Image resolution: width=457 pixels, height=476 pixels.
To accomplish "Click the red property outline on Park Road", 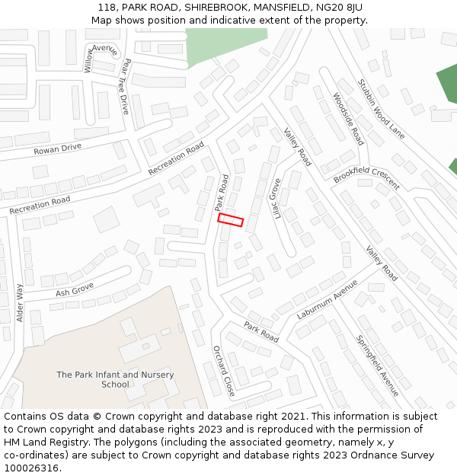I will coord(230,220).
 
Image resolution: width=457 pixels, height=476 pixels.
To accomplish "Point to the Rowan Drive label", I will coord(57,149).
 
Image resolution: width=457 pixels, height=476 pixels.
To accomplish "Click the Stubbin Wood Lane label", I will coord(382,109).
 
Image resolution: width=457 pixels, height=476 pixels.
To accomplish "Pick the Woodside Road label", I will coord(348,119).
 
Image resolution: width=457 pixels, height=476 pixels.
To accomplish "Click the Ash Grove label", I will coord(75,289).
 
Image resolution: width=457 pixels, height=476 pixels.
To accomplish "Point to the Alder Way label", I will coord(20,303).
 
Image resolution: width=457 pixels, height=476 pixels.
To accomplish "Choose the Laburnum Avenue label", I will coord(327,299).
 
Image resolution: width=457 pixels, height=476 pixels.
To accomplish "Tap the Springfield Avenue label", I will coord(377,366).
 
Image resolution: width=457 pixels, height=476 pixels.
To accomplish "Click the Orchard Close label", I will coord(223,371).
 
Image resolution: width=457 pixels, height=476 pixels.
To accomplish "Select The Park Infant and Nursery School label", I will coord(115,379).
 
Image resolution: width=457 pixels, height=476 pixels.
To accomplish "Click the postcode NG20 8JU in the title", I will coord(337,8).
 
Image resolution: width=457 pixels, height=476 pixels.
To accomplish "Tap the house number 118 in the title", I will coord(107,8).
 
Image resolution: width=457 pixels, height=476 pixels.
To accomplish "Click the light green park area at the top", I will coord(225,44).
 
